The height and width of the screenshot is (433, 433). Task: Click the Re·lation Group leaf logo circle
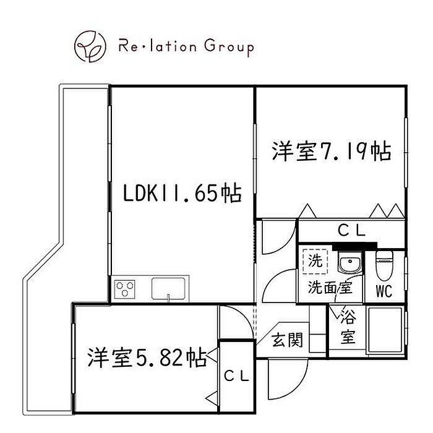click(90, 46)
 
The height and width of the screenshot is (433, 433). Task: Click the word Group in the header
click(229, 47)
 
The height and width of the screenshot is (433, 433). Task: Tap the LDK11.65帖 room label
click(182, 193)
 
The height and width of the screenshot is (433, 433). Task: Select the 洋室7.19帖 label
click(332, 151)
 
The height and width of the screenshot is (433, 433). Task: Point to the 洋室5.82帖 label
click(147, 358)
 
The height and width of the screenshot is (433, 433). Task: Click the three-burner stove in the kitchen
click(124, 289)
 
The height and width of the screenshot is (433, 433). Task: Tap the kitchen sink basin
click(168, 289)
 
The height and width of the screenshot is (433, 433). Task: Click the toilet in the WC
click(384, 266)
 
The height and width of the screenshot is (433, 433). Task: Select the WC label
click(384, 291)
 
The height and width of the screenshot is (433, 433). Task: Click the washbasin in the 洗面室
click(349, 263)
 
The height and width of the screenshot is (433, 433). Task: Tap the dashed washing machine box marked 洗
click(315, 261)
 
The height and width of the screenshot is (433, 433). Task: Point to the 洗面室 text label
click(330, 288)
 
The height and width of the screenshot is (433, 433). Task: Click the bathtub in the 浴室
click(385, 329)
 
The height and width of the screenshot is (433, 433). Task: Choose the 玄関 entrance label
click(287, 340)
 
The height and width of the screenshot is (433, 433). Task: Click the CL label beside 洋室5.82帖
click(236, 376)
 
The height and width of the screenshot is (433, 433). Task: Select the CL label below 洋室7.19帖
click(351, 231)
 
